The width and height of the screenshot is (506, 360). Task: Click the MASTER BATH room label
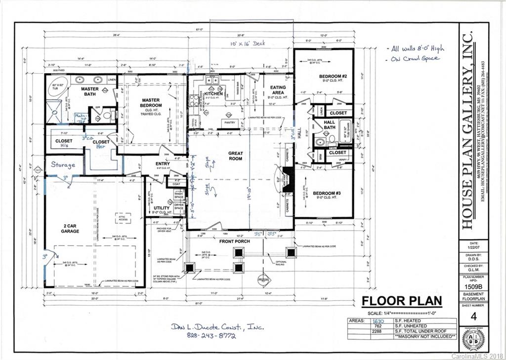pos(90,91)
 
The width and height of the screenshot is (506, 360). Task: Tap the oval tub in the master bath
pos(59,87)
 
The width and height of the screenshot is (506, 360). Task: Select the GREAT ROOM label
pos(235,156)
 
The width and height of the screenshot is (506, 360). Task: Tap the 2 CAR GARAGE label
pos(70,229)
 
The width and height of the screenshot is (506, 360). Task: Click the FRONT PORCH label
pos(235,241)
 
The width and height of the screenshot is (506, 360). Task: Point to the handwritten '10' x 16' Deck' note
pos(248,43)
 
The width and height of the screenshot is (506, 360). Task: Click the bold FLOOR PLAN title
pos(401,301)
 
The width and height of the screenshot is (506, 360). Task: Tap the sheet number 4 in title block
pos(474,317)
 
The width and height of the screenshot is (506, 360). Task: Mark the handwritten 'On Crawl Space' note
pos(415,58)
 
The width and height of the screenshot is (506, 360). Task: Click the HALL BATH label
pos(330,125)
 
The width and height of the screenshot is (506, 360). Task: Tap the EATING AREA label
pos(278,90)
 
